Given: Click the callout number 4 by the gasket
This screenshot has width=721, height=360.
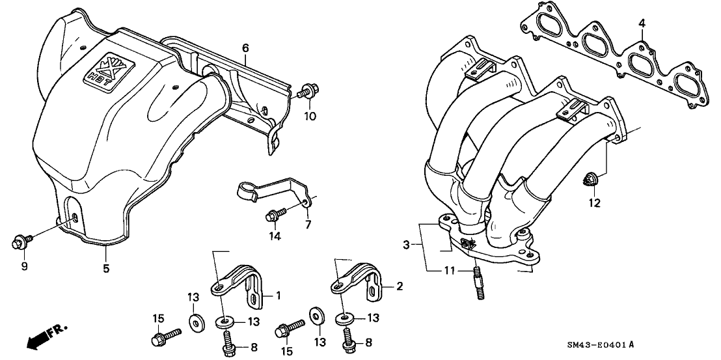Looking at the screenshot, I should (x=642, y=24).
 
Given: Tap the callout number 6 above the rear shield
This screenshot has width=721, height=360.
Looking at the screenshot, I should (x=245, y=48).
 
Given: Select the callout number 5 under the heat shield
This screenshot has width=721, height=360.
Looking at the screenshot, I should (x=104, y=267).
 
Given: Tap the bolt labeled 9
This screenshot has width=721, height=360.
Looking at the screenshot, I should (x=19, y=243).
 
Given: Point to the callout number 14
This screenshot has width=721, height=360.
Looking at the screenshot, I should (x=275, y=236).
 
